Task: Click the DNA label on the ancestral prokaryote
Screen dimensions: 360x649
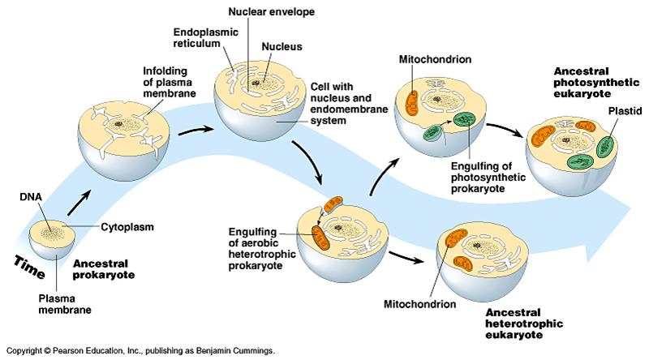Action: [x=30, y=195]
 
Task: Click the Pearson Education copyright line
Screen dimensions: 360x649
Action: [x=138, y=351]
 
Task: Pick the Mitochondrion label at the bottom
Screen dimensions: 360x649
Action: [x=419, y=304]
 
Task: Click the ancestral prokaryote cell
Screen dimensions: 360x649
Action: [x=53, y=236]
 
